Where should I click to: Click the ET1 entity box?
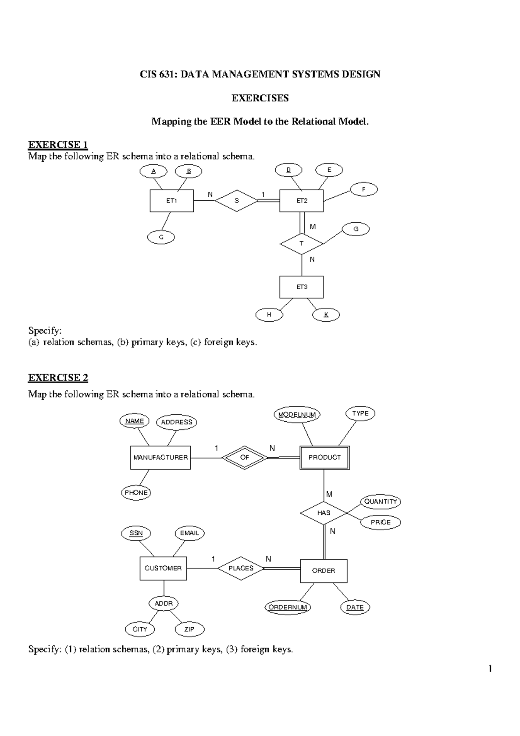[x=172, y=201]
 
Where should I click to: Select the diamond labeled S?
[x=237, y=201]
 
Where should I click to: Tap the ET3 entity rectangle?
[x=302, y=287]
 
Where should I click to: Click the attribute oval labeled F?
[x=364, y=189]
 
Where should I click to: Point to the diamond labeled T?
[x=302, y=244]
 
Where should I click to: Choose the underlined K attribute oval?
[x=326, y=315]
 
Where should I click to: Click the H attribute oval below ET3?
[x=269, y=315]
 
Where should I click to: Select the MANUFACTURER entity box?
[x=160, y=457]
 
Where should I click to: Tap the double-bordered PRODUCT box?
[x=325, y=457]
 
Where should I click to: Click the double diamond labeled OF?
[x=245, y=457]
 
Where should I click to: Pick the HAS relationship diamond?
[x=324, y=513]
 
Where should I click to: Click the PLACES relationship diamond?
[x=241, y=568]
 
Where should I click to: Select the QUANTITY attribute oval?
[x=380, y=502]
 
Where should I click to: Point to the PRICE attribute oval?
[x=380, y=522]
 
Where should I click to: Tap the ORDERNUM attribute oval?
[x=288, y=607]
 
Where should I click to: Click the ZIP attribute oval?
[x=189, y=629]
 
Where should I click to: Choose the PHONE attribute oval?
[x=136, y=493]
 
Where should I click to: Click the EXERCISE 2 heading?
[x=58, y=378]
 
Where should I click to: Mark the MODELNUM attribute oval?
[x=297, y=415]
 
